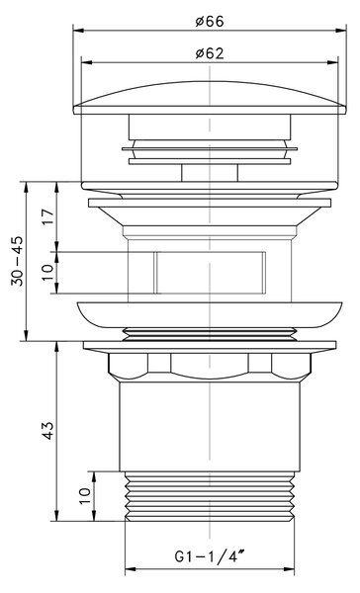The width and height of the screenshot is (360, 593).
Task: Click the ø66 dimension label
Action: tap(210, 21)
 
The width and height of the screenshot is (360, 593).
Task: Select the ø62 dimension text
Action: tap(210, 53)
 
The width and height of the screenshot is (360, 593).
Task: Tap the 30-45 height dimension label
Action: tap(18, 261)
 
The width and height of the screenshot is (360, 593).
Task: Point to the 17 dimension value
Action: tap(48, 216)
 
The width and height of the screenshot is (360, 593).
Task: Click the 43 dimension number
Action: tap(48, 430)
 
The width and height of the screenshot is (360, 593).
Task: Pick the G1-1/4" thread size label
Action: tap(210, 556)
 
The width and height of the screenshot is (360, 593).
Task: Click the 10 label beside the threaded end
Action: tap(85, 495)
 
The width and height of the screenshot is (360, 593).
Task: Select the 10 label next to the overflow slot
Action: tap(48, 273)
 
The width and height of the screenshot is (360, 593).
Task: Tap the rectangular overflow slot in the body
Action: tap(210, 273)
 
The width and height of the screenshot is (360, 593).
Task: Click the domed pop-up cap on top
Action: tap(210, 98)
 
